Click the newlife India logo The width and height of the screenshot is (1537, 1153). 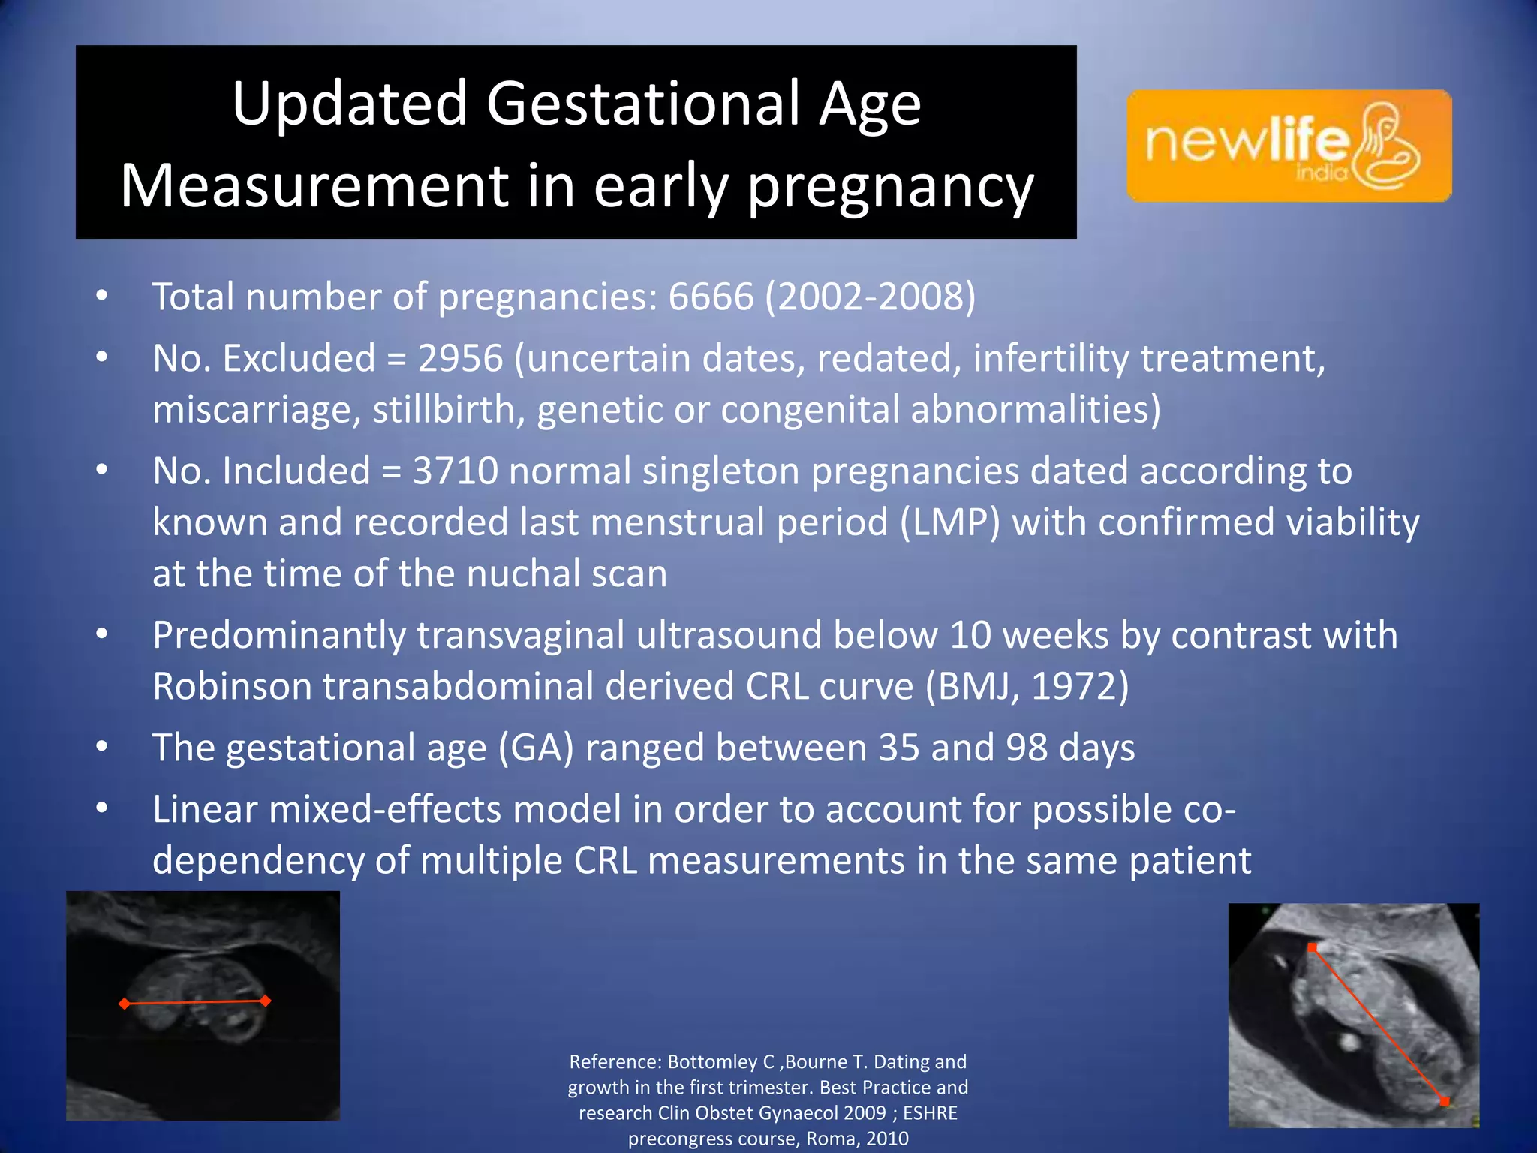tap(1288, 146)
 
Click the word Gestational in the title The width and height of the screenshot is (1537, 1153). tap(644, 104)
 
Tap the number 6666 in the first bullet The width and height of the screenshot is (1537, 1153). tap(711, 297)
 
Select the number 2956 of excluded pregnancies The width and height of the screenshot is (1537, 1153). tap(460, 358)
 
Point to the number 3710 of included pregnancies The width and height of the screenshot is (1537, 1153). tap(456, 471)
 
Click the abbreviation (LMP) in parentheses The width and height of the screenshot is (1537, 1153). tap(950, 522)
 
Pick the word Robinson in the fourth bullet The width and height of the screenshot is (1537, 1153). tap(233, 686)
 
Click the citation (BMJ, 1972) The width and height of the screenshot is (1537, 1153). tap(1027, 686)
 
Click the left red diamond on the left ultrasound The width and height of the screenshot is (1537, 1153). tap(125, 1004)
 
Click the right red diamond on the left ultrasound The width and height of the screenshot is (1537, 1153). tap(265, 1000)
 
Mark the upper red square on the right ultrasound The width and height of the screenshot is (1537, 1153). tap(1312, 947)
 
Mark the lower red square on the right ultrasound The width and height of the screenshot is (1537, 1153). tap(1444, 1101)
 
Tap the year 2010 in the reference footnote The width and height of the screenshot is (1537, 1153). tap(887, 1139)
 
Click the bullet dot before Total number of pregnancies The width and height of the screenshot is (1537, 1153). tap(102, 297)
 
